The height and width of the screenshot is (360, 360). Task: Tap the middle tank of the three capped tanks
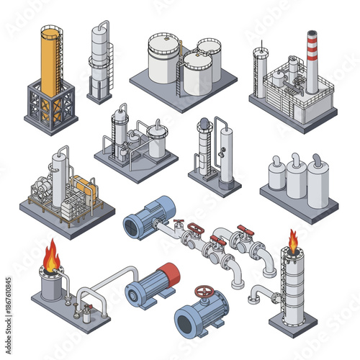click(x=297, y=175)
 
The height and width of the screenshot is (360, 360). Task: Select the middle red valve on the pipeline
click(x=217, y=242)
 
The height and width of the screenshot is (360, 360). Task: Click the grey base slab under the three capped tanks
click(x=298, y=204)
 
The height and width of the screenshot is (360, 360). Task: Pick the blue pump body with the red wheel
click(x=200, y=311)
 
